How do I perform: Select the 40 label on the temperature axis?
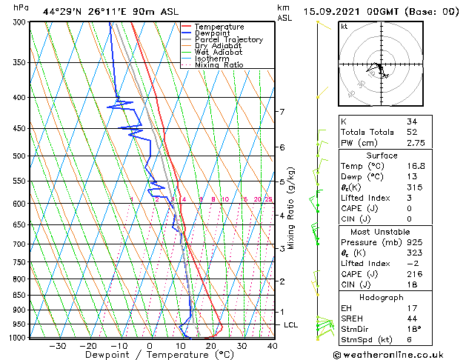pyautogui.click(x=273, y=345)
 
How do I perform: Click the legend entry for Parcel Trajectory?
pyautogui.click(x=228, y=39)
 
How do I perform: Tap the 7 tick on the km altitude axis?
pyautogui.click(x=282, y=112)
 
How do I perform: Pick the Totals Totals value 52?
pyautogui.click(x=412, y=132)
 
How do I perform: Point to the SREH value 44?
pyautogui.click(x=412, y=318)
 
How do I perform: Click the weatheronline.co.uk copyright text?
pyautogui.click(x=399, y=353)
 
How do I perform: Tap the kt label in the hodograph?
pyautogui.click(x=344, y=27)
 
